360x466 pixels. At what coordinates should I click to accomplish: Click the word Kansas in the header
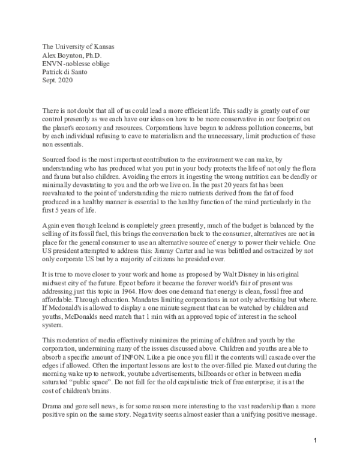click(101, 47)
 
